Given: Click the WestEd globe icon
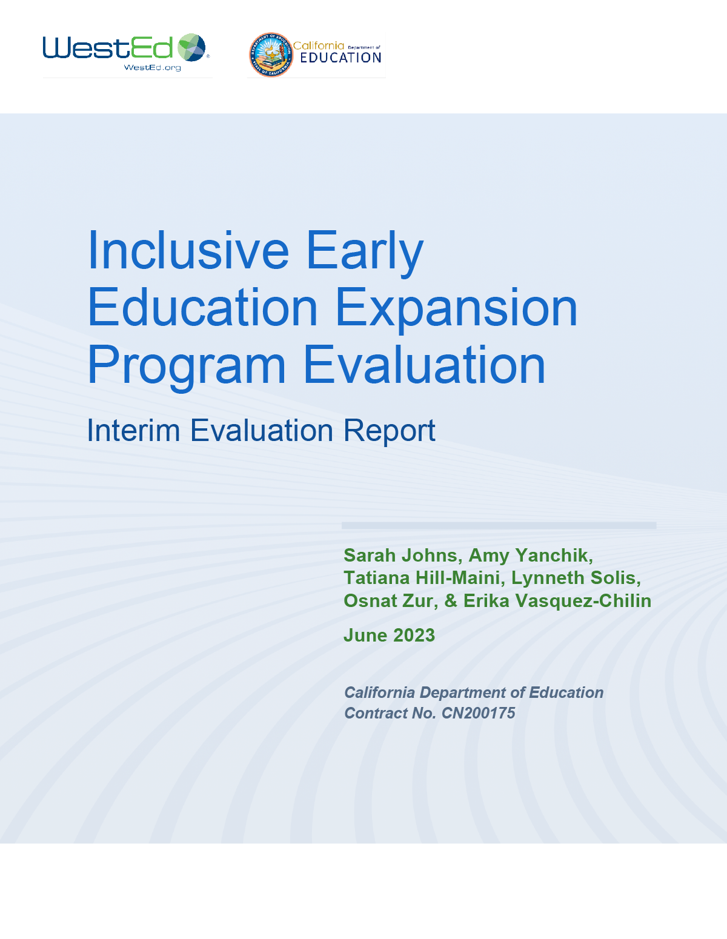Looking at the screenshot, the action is (x=192, y=47).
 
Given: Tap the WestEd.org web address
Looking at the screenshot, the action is (x=152, y=67).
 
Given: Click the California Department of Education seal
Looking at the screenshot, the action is (x=271, y=55).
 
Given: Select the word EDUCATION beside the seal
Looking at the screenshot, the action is (x=340, y=58).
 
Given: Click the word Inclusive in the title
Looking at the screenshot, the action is (x=188, y=251).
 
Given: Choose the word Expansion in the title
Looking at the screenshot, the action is (x=457, y=310).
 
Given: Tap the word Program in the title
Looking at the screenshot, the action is (x=187, y=367).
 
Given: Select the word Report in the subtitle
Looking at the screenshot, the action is (x=389, y=432).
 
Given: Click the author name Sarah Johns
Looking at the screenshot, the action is (x=400, y=556).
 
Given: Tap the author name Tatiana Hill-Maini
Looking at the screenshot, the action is (x=422, y=578).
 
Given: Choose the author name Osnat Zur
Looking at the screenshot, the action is (x=389, y=601).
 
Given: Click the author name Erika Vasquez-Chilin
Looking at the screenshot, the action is (x=557, y=601).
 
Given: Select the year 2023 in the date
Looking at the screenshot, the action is (x=414, y=635).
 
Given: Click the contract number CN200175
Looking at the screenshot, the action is (x=478, y=713).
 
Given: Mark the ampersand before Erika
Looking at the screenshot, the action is (x=451, y=601).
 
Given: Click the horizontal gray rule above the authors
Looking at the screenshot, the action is (x=499, y=525).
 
